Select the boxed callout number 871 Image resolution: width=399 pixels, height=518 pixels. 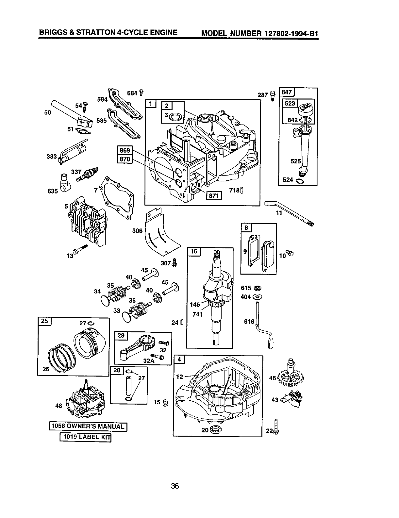[x=214, y=195]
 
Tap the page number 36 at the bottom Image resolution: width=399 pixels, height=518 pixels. [x=175, y=486]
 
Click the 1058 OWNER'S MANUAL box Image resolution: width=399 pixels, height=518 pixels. [x=88, y=426]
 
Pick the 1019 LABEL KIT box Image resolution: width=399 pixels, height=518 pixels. [x=85, y=437]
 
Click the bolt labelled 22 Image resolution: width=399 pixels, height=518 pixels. [x=276, y=426]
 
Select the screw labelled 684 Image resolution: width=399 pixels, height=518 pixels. [x=141, y=93]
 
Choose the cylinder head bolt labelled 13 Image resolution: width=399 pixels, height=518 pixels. [x=80, y=249]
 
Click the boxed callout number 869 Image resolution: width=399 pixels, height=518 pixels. [x=125, y=150]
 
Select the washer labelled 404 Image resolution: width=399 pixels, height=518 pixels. [x=257, y=297]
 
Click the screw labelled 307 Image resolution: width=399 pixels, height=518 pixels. [x=175, y=262]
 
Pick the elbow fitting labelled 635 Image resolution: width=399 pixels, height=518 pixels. [x=64, y=183]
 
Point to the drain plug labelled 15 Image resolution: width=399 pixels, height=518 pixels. [x=165, y=403]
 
